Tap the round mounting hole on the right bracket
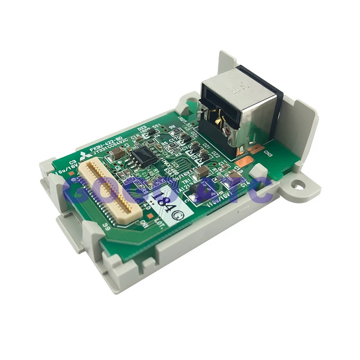[297, 184]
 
